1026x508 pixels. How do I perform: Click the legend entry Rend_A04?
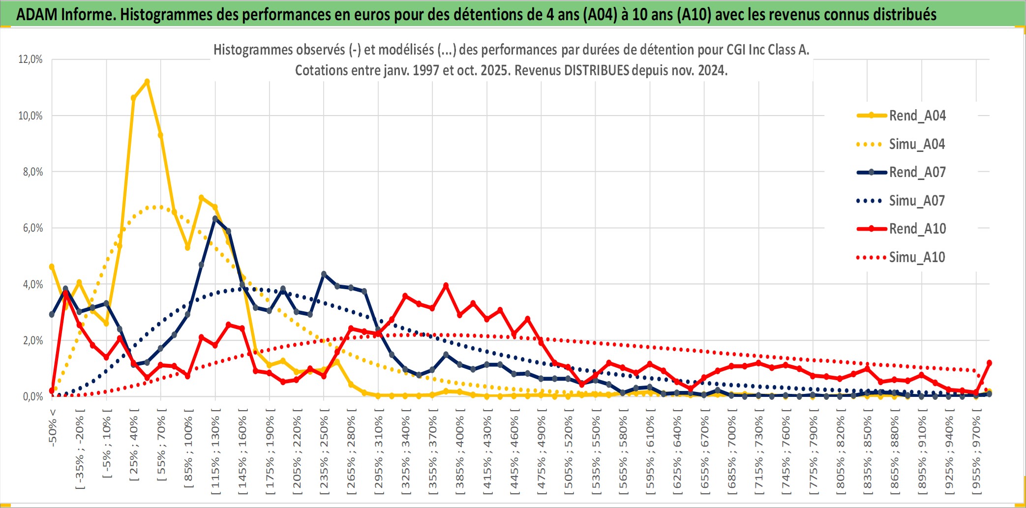(x=917, y=116)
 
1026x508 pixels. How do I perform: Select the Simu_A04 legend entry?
(x=917, y=144)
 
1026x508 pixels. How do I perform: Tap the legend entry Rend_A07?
(x=917, y=172)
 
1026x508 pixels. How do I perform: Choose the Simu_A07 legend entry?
(x=917, y=201)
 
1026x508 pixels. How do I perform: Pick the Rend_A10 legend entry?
(x=917, y=229)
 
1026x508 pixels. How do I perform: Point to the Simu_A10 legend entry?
(x=917, y=257)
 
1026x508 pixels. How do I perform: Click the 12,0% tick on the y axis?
(x=30, y=60)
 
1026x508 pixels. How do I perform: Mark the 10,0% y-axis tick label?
(x=30, y=116)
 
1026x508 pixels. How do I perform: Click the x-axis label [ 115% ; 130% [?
(x=215, y=455)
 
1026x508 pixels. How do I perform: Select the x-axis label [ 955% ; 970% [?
(x=976, y=455)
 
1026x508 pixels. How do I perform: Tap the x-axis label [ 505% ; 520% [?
(x=569, y=455)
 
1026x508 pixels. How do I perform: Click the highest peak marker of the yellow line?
(x=147, y=82)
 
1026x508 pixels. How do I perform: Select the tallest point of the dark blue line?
(x=215, y=218)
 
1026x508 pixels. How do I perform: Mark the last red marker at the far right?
(x=989, y=363)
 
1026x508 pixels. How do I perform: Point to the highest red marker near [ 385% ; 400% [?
(x=446, y=285)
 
